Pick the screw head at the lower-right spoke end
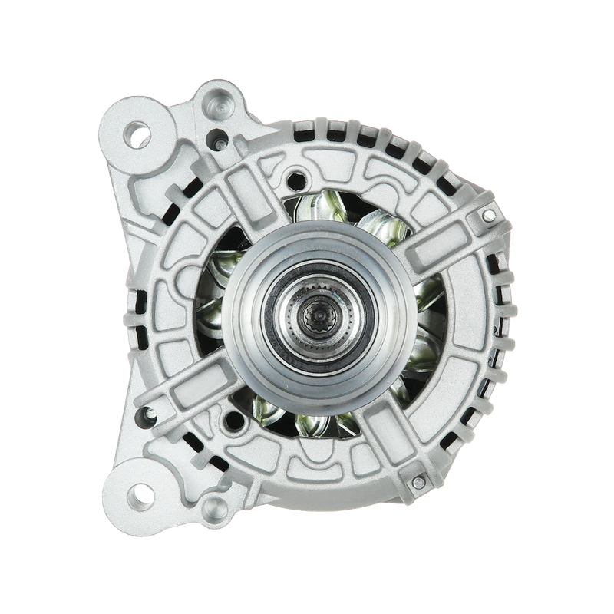(x=418, y=481)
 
